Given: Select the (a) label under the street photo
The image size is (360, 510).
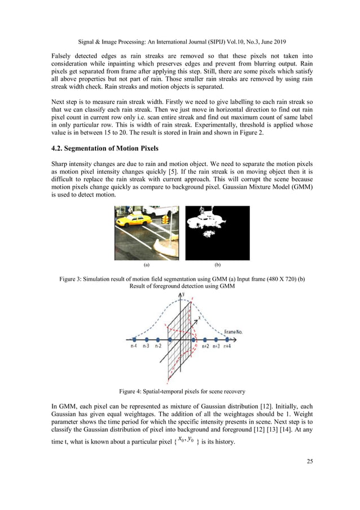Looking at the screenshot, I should [x=147, y=264].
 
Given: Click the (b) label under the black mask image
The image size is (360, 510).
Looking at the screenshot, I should [x=217, y=264].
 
